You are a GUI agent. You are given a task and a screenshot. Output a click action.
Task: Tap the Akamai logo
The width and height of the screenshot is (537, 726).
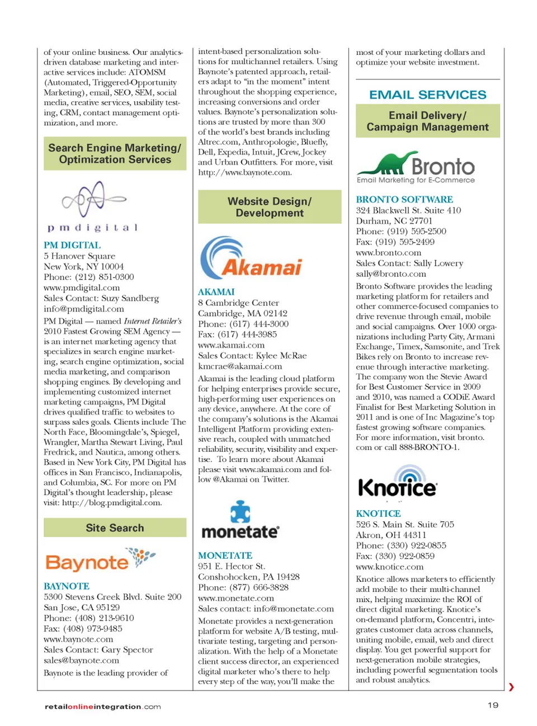(250, 258)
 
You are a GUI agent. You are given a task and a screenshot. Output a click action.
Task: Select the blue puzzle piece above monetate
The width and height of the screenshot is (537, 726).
(241, 511)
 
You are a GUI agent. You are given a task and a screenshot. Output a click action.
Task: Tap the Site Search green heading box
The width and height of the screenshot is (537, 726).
(115, 528)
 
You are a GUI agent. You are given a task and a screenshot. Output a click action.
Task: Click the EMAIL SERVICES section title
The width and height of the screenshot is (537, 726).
(427, 95)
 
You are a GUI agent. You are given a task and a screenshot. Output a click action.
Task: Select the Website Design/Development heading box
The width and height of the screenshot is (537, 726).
(270, 207)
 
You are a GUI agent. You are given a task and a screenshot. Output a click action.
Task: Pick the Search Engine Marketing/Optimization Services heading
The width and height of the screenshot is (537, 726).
(115, 154)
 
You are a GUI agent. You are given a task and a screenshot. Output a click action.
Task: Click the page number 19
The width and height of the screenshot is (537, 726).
(493, 705)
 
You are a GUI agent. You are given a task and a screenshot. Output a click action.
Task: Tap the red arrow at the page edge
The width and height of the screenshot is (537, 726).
(511, 687)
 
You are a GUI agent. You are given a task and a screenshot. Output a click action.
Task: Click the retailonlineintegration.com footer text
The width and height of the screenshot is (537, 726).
(102, 706)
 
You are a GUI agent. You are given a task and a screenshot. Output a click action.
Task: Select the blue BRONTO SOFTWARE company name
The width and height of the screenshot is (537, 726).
(404, 200)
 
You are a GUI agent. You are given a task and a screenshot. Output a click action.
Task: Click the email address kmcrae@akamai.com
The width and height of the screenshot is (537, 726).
(240, 366)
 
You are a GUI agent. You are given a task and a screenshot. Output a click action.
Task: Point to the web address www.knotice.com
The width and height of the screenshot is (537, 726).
(389, 567)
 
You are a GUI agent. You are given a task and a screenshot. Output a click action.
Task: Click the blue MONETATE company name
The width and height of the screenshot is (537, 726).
(225, 555)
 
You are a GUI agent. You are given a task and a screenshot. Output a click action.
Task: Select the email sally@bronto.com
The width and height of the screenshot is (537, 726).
(391, 274)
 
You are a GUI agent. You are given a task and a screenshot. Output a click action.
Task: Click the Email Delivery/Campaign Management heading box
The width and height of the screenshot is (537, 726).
(427, 121)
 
